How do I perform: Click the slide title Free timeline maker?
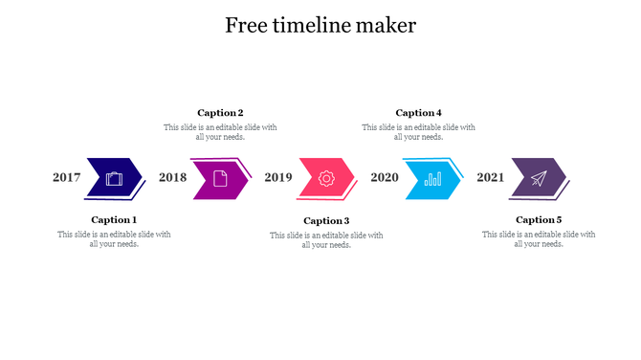pyautogui.click(x=320, y=26)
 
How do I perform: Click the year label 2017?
pyautogui.click(x=67, y=177)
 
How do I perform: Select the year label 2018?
pyautogui.click(x=173, y=177)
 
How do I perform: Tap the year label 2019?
pyautogui.click(x=278, y=177)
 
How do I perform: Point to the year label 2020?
pyautogui.click(x=385, y=177)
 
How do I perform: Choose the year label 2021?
pyautogui.click(x=491, y=177)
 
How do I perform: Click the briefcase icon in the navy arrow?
pyautogui.click(x=115, y=178)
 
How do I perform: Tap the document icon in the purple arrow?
pyautogui.click(x=220, y=178)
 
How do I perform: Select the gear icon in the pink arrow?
pyautogui.click(x=326, y=178)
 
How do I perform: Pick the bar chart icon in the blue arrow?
pyautogui.click(x=432, y=178)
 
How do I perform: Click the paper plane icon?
pyautogui.click(x=539, y=178)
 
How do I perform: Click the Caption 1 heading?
pyautogui.click(x=114, y=220)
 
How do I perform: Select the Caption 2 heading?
pyautogui.click(x=220, y=113)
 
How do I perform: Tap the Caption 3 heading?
pyautogui.click(x=326, y=221)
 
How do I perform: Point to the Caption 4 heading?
pyautogui.click(x=419, y=113)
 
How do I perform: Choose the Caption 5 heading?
pyautogui.click(x=539, y=220)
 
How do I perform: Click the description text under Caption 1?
pyautogui.click(x=114, y=239)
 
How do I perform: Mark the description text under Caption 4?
pyautogui.click(x=419, y=132)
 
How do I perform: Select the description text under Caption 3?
pyautogui.click(x=326, y=240)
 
